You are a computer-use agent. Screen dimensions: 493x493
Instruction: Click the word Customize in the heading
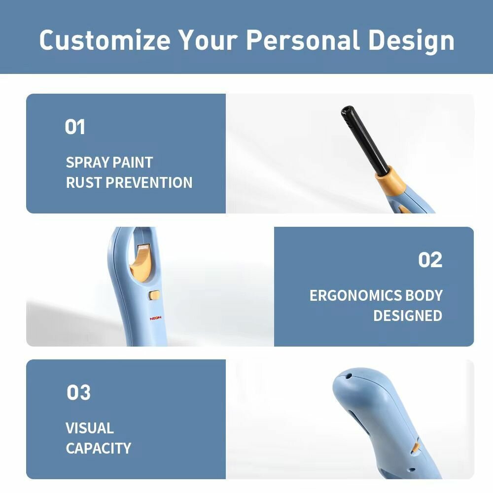coord(105,40)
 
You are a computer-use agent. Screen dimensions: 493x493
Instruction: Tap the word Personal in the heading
coord(303,40)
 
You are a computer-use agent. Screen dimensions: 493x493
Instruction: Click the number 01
coord(75,127)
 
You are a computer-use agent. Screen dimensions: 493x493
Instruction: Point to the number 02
coord(430,260)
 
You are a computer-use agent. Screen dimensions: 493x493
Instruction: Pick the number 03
coord(78,393)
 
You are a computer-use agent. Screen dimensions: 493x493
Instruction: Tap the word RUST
coord(84,183)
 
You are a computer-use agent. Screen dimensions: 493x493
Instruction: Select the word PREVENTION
coord(149,183)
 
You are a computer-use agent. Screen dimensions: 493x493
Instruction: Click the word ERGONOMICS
coord(355,295)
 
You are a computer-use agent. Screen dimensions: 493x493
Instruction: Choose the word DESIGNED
coord(408,316)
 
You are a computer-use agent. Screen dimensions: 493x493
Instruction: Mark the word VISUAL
coord(90,428)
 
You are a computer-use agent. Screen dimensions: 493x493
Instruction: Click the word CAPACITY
coord(99,448)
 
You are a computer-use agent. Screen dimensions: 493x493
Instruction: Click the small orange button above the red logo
coord(154,295)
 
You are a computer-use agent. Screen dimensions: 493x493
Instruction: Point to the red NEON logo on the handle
coord(155,318)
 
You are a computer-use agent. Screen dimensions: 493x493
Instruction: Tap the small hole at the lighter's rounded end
coord(349,375)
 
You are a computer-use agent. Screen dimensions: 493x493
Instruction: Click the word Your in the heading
coord(208,40)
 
